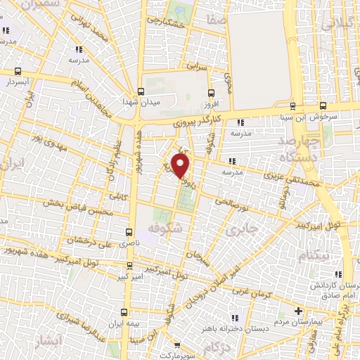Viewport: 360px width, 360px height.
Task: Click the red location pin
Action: [181, 166]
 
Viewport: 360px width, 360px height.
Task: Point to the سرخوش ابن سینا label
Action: [315, 114]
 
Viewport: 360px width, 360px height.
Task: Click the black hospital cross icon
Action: [299, 311]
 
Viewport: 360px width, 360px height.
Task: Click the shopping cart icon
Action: [179, 345]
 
